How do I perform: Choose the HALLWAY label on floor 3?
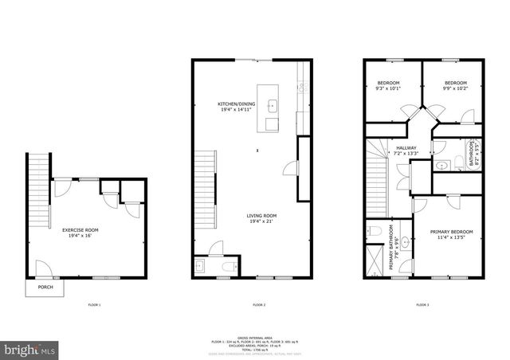tap(406, 148)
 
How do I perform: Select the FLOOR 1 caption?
tap(95, 305)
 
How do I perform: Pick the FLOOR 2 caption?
tap(258, 305)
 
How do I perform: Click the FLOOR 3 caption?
tap(422, 305)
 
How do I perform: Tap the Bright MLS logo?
tap(30, 348)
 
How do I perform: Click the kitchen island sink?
tap(272, 104)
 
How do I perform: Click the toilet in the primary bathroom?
tap(373, 232)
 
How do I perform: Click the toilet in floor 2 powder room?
tap(228, 266)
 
